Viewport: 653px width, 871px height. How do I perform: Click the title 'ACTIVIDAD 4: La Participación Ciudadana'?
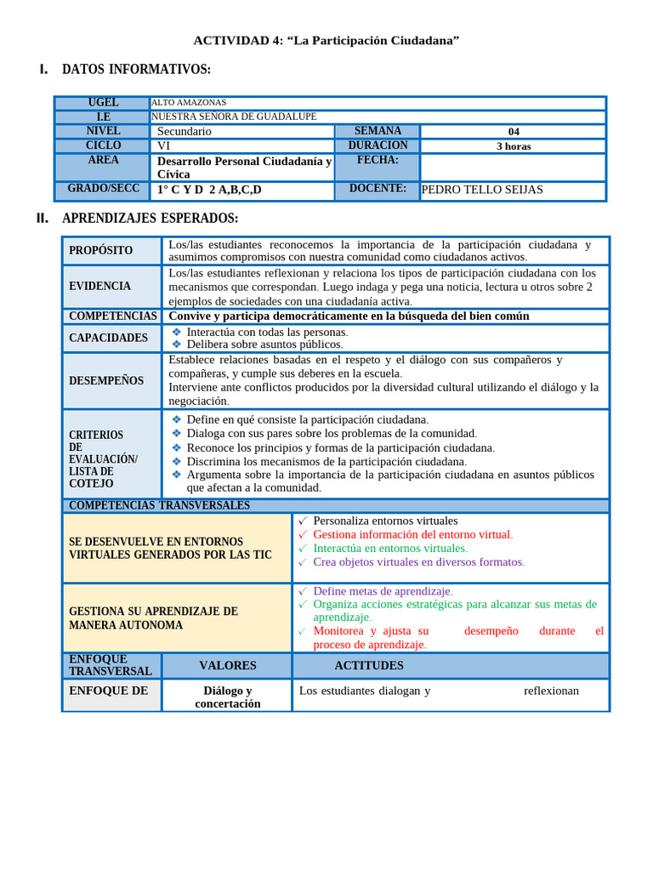coord(326,40)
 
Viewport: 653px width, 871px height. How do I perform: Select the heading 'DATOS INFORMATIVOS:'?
coord(136,70)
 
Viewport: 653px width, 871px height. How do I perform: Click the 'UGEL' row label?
coord(103,103)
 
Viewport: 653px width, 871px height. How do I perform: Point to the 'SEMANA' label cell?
coord(378,131)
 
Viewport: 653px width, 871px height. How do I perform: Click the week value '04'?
coord(513,132)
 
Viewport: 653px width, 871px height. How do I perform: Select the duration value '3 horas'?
coord(513,146)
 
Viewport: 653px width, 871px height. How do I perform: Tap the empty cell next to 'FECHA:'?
coord(513,167)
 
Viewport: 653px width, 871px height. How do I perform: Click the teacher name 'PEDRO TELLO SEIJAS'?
coord(482,190)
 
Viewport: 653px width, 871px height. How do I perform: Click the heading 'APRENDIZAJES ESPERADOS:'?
coord(150,219)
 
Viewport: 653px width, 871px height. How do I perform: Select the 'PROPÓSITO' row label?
coord(101,251)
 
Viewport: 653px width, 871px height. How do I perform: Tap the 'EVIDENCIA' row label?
coord(100,287)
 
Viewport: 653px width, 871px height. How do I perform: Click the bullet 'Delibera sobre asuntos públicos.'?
coord(264,344)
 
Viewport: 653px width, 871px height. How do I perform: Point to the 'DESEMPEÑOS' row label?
coord(106,380)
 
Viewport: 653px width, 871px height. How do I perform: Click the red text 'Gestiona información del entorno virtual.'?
coord(412,535)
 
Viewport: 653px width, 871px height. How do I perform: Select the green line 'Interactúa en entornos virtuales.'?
coord(390,549)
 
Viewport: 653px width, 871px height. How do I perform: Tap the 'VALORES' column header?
coord(227,665)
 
